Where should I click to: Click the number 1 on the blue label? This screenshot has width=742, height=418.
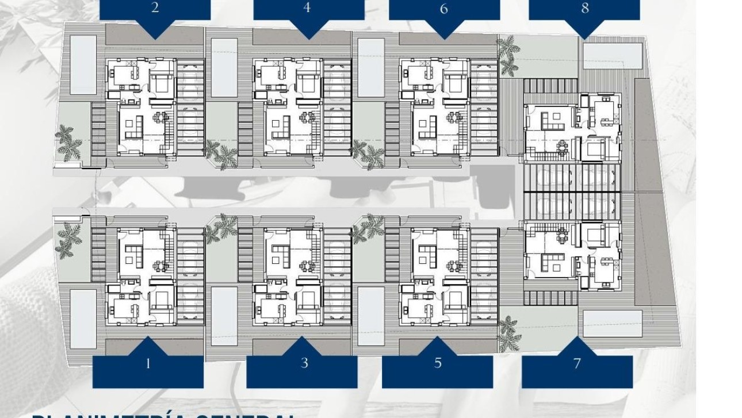click(148, 363)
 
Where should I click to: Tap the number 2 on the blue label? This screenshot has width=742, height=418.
click(155, 9)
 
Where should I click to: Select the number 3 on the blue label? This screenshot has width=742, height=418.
click(304, 363)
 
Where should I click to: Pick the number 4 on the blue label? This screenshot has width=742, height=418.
click(307, 8)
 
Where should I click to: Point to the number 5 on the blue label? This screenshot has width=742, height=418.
click(438, 363)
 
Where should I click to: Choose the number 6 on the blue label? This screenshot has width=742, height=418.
click(443, 9)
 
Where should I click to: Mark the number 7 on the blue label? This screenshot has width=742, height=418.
click(577, 363)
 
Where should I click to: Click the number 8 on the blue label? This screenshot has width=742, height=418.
click(585, 9)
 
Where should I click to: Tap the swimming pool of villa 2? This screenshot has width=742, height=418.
click(83, 64)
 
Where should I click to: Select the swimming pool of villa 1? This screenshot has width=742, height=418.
click(83, 318)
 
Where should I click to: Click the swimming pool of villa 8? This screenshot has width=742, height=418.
click(612, 55)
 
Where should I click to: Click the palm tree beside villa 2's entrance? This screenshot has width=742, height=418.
click(68, 144)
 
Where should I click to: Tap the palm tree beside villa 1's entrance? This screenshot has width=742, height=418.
click(68, 239)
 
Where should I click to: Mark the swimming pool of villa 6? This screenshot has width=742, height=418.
click(371, 67)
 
